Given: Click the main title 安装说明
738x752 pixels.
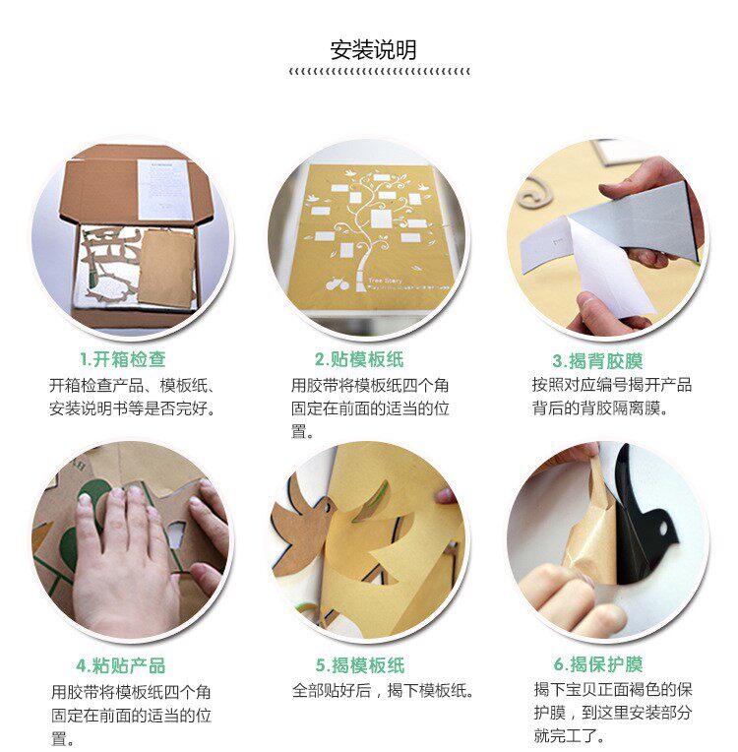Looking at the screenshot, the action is point(373,50).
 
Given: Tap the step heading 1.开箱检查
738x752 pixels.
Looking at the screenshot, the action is point(123,359).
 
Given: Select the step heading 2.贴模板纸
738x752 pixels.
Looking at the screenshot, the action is point(359,359).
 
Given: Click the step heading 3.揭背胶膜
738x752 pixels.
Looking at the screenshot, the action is point(597,361).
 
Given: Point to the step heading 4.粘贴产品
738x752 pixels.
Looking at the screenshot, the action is point(121,665).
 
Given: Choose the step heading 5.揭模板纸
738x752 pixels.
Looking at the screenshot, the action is point(360,665).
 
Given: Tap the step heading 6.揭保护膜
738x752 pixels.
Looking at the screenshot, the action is point(598,664).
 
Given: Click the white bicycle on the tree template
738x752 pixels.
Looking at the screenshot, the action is point(338,283).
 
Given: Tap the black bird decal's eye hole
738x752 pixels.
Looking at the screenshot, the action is point(663,528).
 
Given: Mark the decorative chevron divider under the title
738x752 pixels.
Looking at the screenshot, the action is point(379,72).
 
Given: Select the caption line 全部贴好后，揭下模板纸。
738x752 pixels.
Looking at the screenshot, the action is point(383,691).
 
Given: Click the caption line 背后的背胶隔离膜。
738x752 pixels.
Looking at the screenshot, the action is point(600,408).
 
